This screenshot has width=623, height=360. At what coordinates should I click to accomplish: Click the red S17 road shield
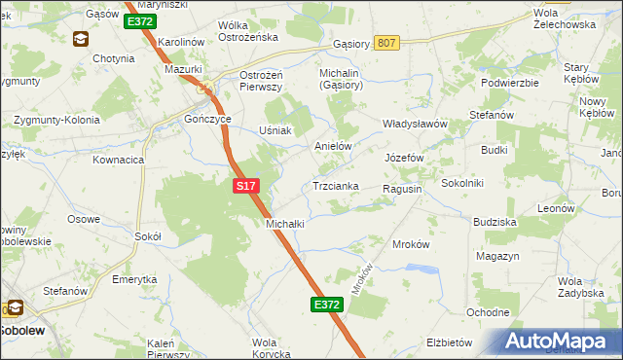[245, 183]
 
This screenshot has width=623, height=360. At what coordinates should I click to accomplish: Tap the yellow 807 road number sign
[386, 43]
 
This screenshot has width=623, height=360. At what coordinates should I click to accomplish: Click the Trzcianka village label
[336, 185]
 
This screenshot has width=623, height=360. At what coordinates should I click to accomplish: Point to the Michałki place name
[285, 223]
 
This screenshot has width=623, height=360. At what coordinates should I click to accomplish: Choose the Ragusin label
[402, 189]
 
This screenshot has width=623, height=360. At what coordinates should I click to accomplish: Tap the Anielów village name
[332, 146]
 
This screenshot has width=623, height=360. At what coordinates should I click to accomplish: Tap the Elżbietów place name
[449, 342]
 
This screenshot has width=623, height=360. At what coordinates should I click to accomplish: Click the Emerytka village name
[134, 279]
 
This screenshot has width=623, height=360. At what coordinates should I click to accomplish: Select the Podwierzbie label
[510, 83]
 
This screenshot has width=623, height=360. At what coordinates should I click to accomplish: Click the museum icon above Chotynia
[80, 39]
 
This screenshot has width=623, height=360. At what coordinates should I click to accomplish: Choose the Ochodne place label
[488, 312]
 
